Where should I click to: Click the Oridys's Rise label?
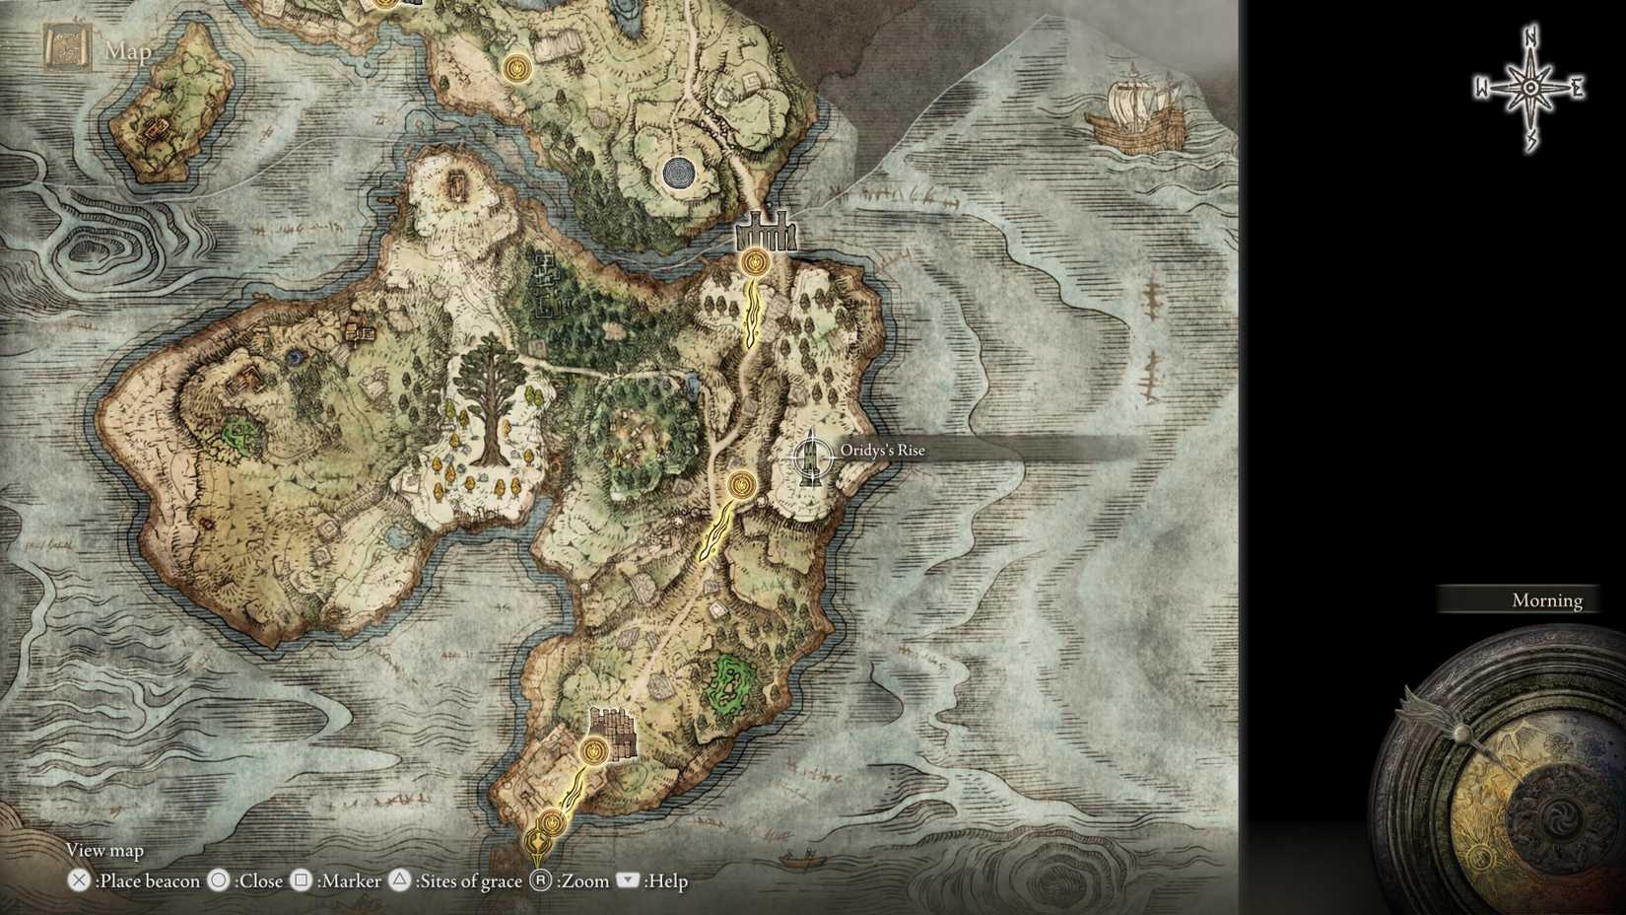[x=882, y=451]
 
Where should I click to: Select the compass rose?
[x=1529, y=88]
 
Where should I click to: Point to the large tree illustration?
[x=488, y=399]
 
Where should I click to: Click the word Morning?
[x=1546, y=600]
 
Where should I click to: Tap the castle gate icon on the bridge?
[x=765, y=234]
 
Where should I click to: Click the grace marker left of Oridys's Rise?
[x=741, y=485]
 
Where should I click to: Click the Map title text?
[x=128, y=51]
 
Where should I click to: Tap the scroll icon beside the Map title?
[x=67, y=49]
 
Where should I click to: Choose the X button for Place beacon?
[x=79, y=880]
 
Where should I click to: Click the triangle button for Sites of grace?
[x=399, y=880]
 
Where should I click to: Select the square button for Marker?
[x=302, y=880]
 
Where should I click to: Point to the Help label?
[x=666, y=881]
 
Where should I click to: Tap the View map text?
[x=104, y=850]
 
